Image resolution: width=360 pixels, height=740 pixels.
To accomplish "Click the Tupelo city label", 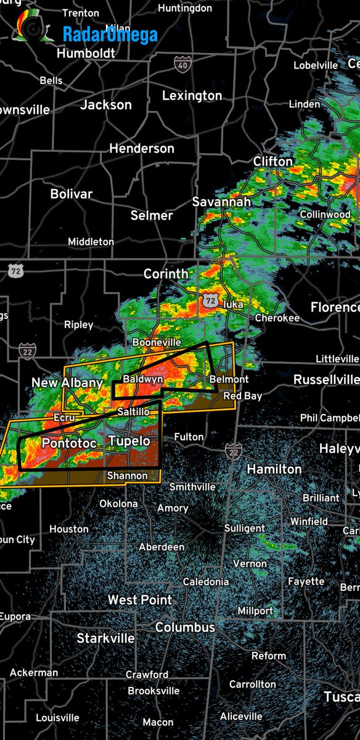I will click(x=129, y=441).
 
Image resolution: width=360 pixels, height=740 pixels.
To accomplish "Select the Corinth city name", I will click(x=166, y=273).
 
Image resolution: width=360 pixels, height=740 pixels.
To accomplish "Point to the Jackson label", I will click(x=106, y=105).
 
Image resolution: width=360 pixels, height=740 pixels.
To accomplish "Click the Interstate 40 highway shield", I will click(x=182, y=63).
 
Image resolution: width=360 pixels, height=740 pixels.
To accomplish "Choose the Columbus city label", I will click(x=185, y=627).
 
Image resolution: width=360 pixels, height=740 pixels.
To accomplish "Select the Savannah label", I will click(x=221, y=202).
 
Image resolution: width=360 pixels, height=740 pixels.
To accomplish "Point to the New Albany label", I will click(x=67, y=383).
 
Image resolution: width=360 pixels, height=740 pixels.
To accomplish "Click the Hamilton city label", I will click(x=274, y=469).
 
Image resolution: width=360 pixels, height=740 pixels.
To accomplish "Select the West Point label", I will click(x=140, y=599).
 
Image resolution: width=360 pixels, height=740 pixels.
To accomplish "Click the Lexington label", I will click(x=192, y=96).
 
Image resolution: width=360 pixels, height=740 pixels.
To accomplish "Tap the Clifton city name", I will click(x=273, y=162).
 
